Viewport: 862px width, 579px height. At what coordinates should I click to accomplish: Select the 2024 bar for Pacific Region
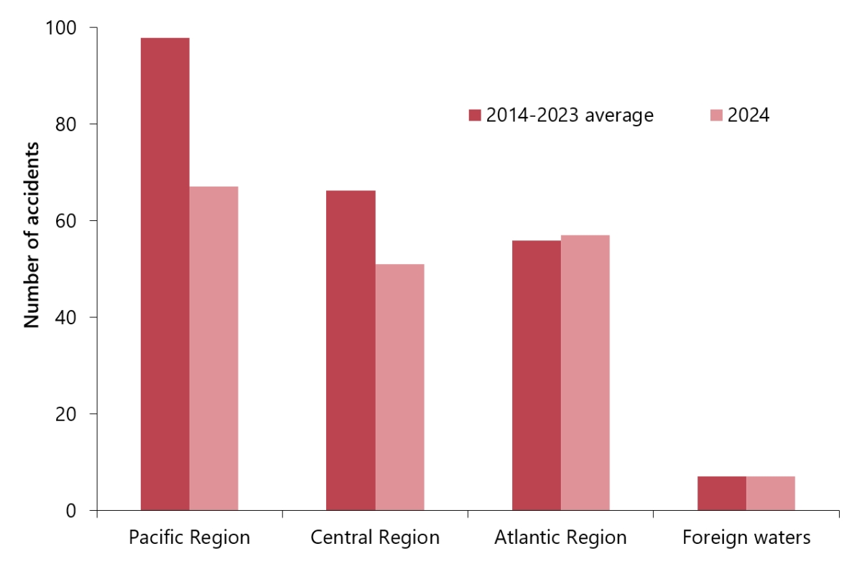[213, 349]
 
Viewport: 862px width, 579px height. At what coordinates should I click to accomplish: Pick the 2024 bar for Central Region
[399, 387]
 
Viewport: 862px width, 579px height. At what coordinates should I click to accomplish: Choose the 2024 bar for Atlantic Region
[585, 373]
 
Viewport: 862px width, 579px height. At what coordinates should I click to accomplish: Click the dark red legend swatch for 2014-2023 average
[474, 116]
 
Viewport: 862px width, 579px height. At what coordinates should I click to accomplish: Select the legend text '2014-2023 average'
[570, 116]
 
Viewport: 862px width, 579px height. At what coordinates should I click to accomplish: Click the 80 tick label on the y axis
[68, 124]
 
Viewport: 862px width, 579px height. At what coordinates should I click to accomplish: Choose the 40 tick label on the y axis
[68, 317]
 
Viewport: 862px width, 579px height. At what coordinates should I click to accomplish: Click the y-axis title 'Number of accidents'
[31, 235]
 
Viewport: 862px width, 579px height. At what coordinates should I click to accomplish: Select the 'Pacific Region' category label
[190, 538]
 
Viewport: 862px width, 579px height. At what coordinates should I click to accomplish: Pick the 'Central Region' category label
[375, 538]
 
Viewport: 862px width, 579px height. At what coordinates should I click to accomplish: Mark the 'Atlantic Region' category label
[560, 538]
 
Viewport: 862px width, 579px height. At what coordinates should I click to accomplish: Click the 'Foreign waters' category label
[746, 538]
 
